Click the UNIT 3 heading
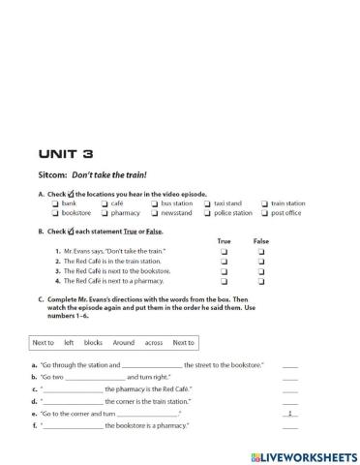click(x=66, y=153)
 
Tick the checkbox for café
click(x=104, y=204)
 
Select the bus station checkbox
click(x=154, y=204)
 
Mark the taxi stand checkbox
click(x=207, y=204)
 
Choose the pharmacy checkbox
click(x=104, y=213)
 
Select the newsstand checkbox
click(x=154, y=213)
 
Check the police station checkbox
click(x=207, y=213)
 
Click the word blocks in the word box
click(x=93, y=342)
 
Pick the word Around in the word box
click(x=123, y=342)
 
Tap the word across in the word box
click(x=153, y=342)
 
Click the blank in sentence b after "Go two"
click(x=97, y=377)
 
